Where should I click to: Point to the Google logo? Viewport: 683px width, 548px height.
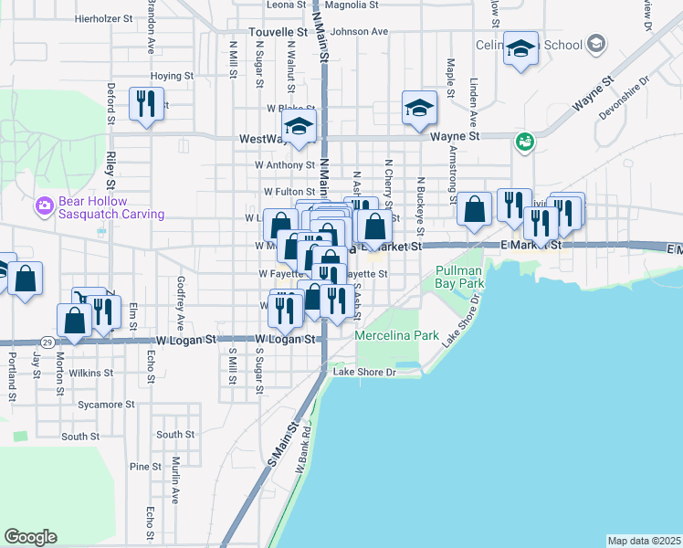coord(30,537)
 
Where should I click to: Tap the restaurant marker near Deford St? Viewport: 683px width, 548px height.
coord(146,104)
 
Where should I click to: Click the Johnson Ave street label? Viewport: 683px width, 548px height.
coord(360,31)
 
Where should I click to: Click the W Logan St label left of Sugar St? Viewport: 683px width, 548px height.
coord(186,339)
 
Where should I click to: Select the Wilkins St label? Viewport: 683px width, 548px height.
coord(95,373)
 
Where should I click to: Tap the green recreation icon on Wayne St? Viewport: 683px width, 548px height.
coord(524,141)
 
